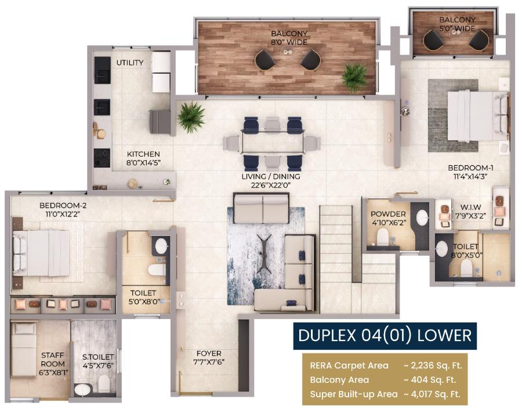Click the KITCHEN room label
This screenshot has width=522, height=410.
[x=143, y=154]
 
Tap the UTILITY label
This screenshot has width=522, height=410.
[x=130, y=63]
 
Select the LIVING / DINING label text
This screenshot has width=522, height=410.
[x=271, y=176]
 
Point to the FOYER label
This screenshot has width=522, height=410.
[x=209, y=353]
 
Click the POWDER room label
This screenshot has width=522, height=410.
[x=388, y=214]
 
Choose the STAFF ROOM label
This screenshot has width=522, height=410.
[x=53, y=360]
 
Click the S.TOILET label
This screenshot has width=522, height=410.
[x=98, y=357]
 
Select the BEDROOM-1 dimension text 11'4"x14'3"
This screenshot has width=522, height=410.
[x=470, y=177]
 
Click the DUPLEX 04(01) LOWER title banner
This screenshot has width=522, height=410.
[x=385, y=335]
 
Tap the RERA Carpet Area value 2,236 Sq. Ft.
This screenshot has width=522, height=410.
[x=433, y=365]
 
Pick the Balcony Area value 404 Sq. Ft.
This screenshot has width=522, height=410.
[x=430, y=380]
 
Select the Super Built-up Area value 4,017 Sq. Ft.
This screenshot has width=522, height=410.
[x=432, y=394]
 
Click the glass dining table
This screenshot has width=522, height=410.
[x=273, y=143]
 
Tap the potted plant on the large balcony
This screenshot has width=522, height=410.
[x=356, y=77]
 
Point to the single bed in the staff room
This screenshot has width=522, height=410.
[x=24, y=350]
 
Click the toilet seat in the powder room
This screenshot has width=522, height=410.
[x=383, y=236]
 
